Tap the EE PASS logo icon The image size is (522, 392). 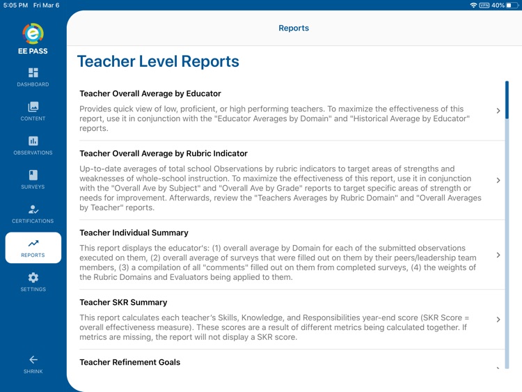click(33, 33)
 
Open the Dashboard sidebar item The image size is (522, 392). click(33, 77)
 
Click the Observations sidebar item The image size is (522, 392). click(33, 145)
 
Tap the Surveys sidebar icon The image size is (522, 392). click(33, 179)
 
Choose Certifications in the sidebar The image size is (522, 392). click(33, 213)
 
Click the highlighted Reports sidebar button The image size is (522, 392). click(33, 248)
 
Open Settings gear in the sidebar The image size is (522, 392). click(33, 281)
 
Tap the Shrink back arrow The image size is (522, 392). click(33, 363)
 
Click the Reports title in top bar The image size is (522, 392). click(294, 29)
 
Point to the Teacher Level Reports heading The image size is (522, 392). click(158, 61)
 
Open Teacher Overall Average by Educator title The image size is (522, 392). click(150, 93)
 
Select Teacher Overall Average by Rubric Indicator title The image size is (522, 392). click(164, 153)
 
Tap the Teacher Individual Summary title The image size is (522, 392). click(134, 233)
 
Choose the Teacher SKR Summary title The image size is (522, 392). click(123, 302)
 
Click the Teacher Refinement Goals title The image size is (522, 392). click(129, 362)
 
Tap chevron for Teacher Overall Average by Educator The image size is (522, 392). click(498, 111)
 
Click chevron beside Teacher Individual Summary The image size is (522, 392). click(498, 255)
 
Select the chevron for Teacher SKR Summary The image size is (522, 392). click(498, 320)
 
